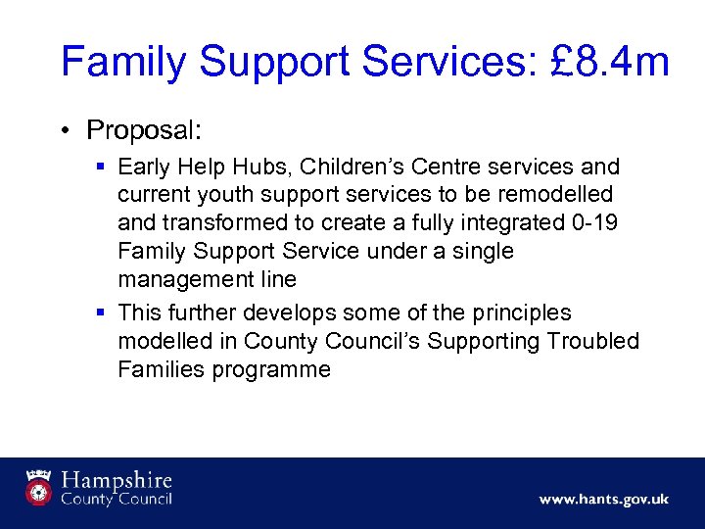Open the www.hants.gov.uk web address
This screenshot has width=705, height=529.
pos(603,500)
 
